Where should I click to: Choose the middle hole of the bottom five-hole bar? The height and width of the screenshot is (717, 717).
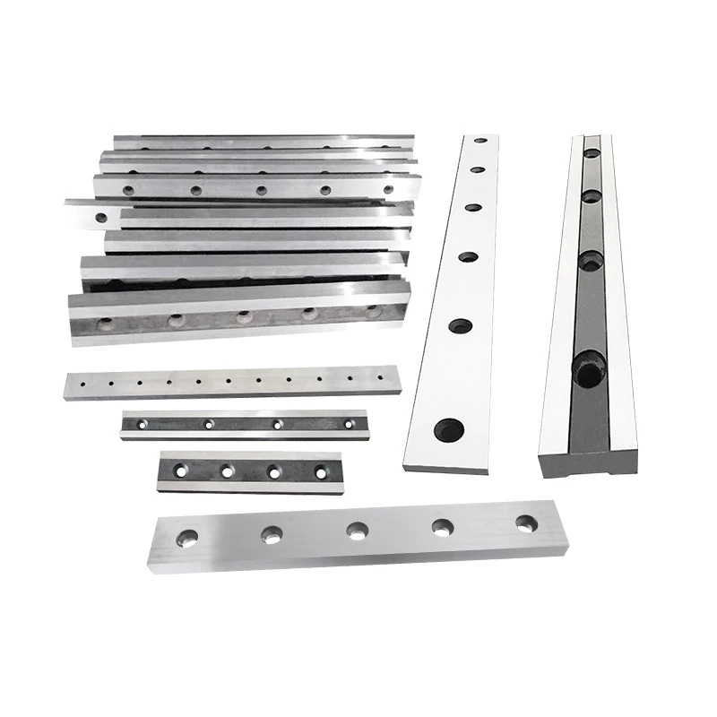tap(357, 531)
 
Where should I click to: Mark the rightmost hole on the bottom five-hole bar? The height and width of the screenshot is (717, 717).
tap(524, 523)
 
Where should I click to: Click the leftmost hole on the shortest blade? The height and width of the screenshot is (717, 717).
tap(182, 471)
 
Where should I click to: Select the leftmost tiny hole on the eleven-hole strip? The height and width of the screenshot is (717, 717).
tap(79, 384)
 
